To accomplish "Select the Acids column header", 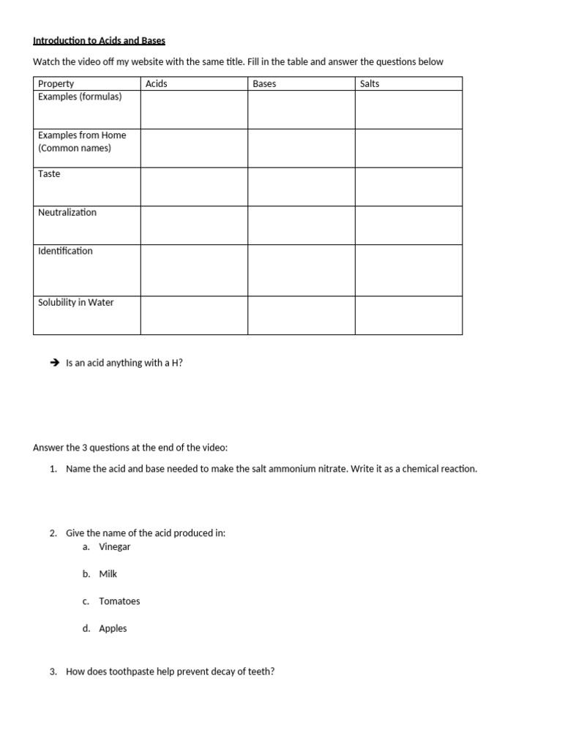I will coord(157,83).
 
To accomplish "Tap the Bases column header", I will coord(264,83).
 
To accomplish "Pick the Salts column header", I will coord(370,83).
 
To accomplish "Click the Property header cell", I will coord(56,83).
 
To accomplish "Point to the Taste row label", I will coord(49,174).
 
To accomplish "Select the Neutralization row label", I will coord(67,213).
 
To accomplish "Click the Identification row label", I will coord(65,251).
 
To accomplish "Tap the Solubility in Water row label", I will coord(75,302).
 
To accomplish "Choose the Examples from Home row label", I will coord(82,135).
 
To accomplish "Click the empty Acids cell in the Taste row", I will coord(194,187).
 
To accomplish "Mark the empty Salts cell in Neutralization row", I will coord(408,225).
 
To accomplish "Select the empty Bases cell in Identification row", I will coord(301,270).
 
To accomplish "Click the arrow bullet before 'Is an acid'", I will coord(54,362).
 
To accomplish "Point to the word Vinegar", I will coord(115,546).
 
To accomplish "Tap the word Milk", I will coord(108,574).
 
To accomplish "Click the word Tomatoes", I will coord(119,601).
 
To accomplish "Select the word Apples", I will coord(113,628).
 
